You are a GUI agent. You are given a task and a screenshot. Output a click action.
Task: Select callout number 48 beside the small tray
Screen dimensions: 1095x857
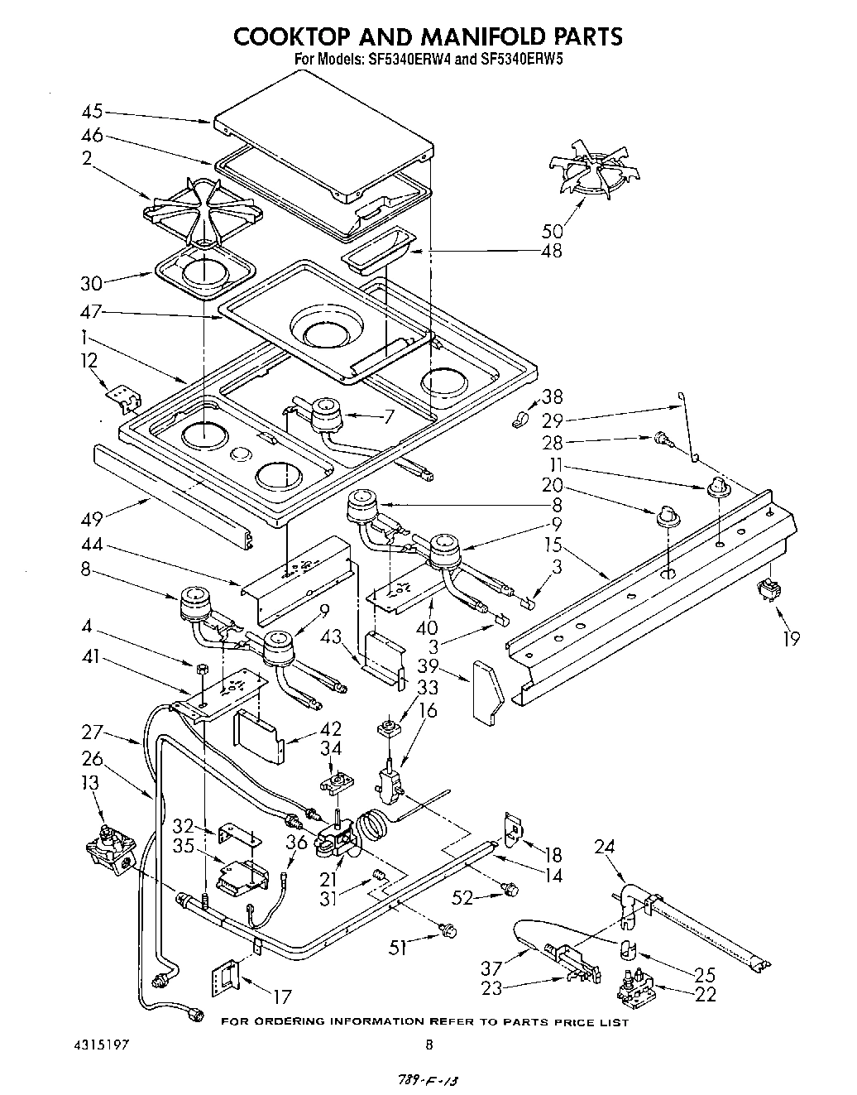click(550, 250)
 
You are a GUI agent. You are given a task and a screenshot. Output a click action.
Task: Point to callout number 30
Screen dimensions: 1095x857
click(92, 283)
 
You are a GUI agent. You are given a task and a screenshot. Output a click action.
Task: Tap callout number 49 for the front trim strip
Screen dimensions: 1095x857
click(92, 519)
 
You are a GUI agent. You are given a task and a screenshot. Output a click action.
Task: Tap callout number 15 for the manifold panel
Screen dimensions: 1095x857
click(553, 545)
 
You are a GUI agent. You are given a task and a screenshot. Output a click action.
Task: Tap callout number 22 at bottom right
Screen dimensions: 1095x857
click(706, 994)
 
